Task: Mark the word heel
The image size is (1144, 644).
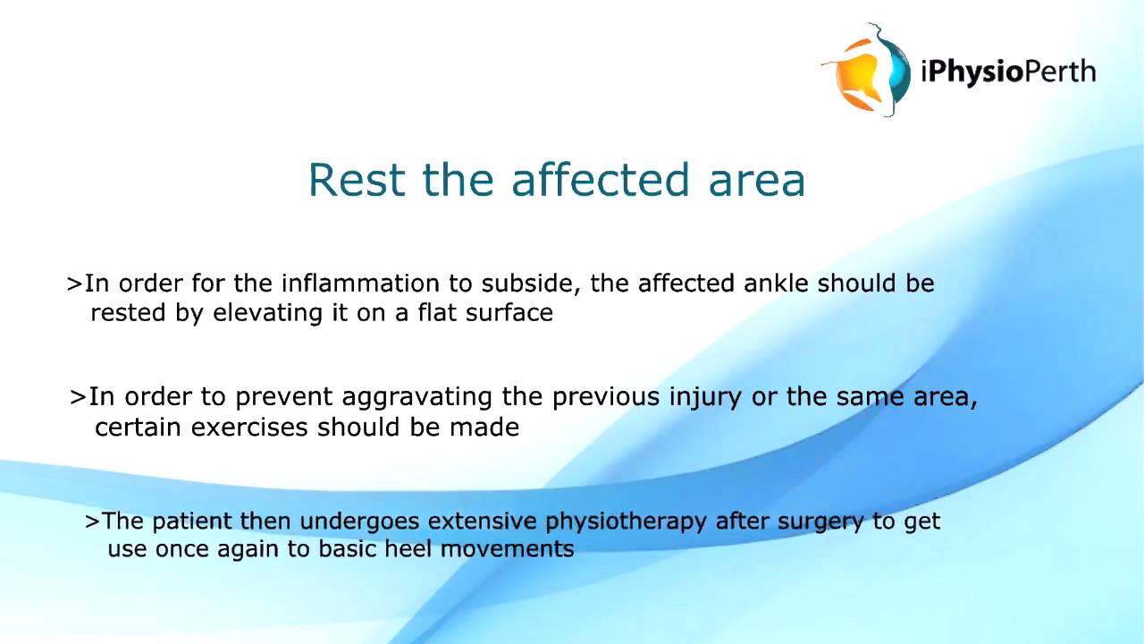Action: click(x=409, y=549)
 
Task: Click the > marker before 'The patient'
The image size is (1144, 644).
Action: click(x=92, y=521)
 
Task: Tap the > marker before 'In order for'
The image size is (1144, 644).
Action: click(x=74, y=284)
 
